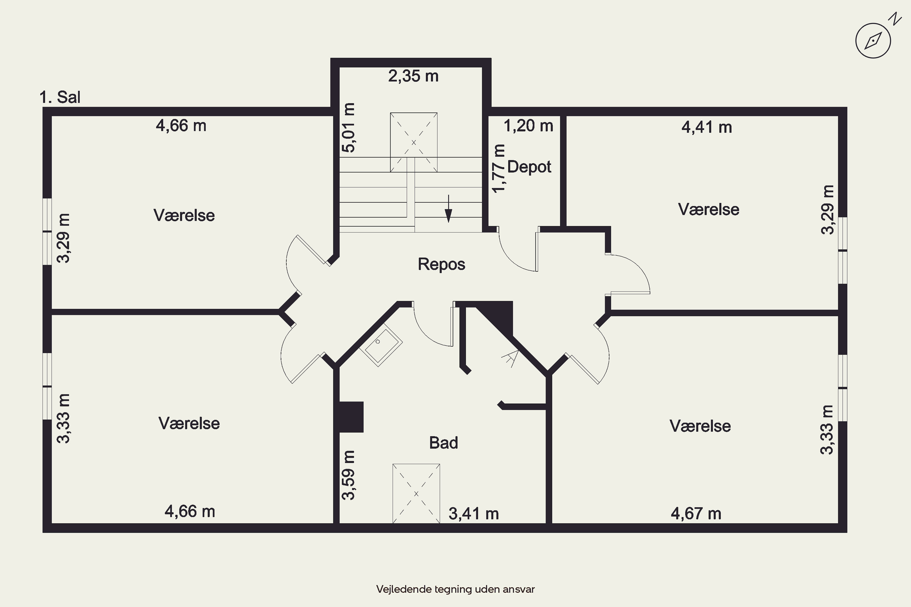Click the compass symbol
click(x=873, y=41)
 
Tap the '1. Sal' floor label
click(x=60, y=97)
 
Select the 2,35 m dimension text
click(x=413, y=76)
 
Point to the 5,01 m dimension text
click(x=348, y=127)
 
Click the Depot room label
click(x=529, y=167)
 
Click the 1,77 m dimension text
click(x=499, y=168)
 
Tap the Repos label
click(x=441, y=264)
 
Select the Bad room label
click(x=443, y=443)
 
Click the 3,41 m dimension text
click(x=474, y=514)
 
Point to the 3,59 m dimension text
click(x=348, y=475)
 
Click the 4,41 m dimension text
click(x=707, y=127)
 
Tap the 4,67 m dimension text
click(x=696, y=514)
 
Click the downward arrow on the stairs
click(x=449, y=209)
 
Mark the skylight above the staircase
click(x=414, y=142)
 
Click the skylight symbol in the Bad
click(x=416, y=493)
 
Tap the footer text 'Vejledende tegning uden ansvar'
click(x=455, y=589)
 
